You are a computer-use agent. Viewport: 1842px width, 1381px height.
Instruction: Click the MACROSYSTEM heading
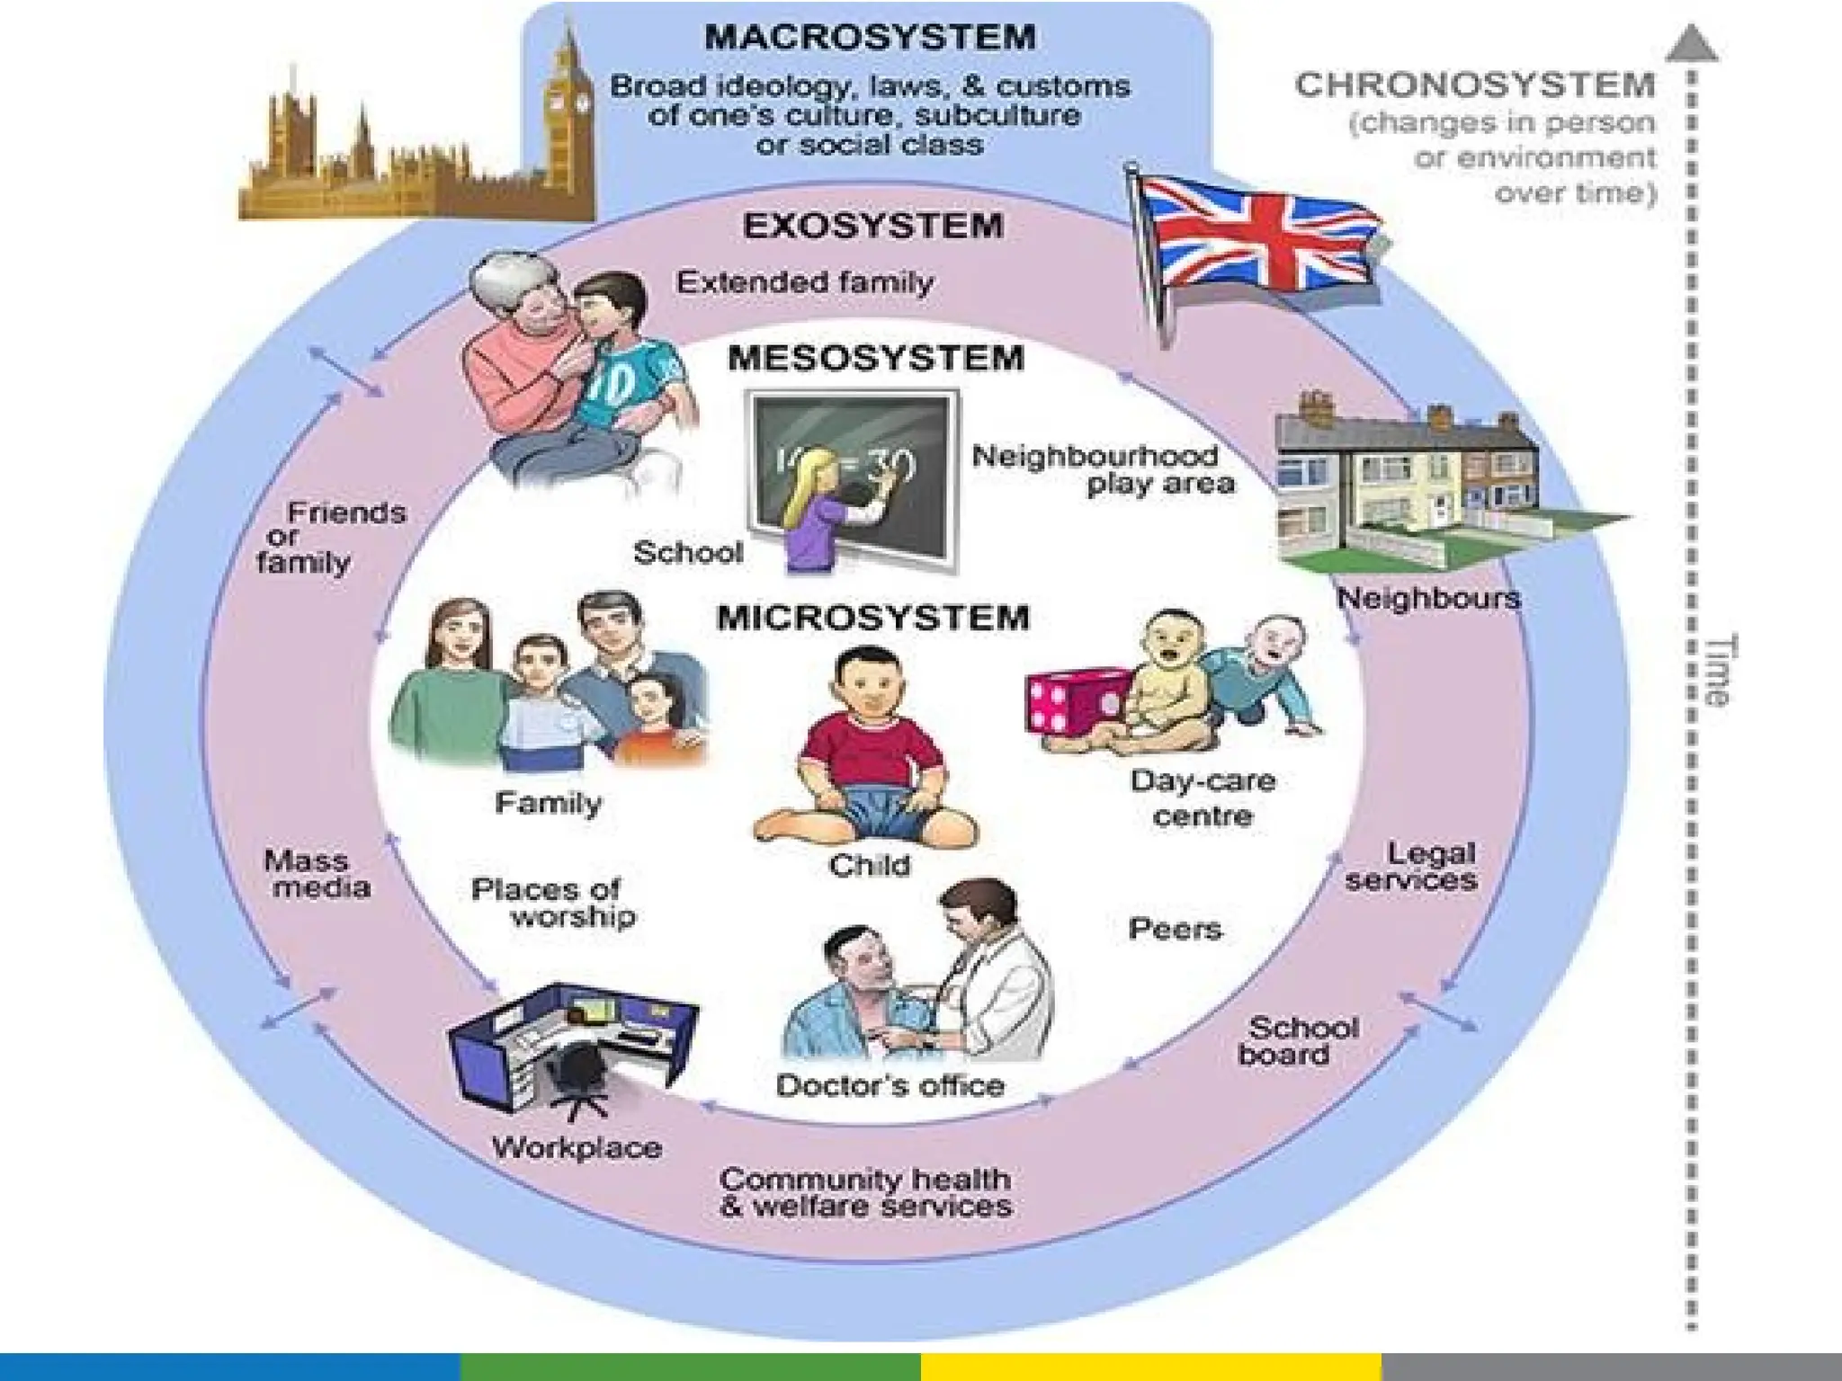click(870, 38)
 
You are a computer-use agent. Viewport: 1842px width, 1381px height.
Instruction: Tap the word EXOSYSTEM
click(872, 225)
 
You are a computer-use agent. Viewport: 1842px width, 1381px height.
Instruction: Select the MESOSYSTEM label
click(875, 358)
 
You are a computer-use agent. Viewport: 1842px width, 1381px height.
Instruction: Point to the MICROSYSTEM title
click(872, 618)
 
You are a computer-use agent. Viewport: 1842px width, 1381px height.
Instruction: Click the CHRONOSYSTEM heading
click(1475, 85)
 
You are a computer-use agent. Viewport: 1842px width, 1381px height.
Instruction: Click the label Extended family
click(805, 282)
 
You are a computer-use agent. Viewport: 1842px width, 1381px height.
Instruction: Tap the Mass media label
click(315, 874)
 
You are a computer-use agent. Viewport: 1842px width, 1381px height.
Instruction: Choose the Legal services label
click(1412, 866)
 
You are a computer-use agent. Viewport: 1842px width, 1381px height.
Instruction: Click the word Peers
click(1175, 929)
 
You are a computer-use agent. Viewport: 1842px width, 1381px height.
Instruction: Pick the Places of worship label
click(553, 903)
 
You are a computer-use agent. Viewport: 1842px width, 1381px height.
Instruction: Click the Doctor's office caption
click(890, 1085)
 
